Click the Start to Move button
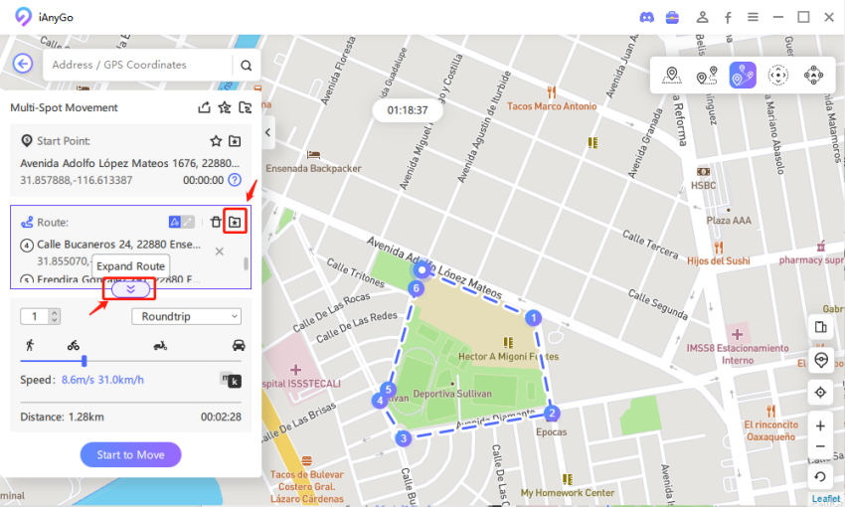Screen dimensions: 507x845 [x=130, y=454]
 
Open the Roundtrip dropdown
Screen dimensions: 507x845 [x=186, y=316]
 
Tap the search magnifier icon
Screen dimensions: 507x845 [x=246, y=66]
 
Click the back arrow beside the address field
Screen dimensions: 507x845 [x=23, y=65]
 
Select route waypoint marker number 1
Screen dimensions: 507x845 [x=533, y=318]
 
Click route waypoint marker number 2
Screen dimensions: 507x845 [x=553, y=413]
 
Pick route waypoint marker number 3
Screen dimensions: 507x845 [x=403, y=437]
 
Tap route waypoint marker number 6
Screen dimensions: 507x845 [x=417, y=288]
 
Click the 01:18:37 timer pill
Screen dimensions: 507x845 [x=408, y=110]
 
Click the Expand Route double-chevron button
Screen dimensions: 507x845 [x=130, y=289]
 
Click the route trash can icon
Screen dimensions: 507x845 [x=216, y=222]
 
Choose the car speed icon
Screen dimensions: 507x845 [x=239, y=345]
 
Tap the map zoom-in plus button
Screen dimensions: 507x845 [x=820, y=425]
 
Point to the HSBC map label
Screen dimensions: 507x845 [x=704, y=185]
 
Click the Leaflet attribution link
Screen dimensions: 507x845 [x=825, y=498]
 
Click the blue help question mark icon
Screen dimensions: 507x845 [x=235, y=180]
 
